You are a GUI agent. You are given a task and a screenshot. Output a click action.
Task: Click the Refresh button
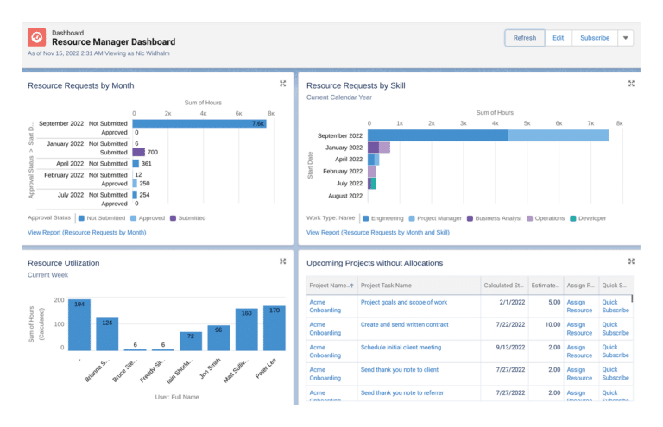(x=524, y=38)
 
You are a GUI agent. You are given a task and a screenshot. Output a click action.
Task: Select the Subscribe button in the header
(x=594, y=38)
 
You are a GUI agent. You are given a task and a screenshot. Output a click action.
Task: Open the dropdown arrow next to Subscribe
(x=626, y=38)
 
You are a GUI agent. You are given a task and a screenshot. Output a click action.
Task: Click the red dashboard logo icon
(x=36, y=37)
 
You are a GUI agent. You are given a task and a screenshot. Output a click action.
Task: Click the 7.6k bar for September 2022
(x=199, y=123)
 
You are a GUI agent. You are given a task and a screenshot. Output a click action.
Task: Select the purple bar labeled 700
(x=138, y=153)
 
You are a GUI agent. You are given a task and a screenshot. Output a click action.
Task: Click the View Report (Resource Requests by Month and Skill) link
(x=376, y=233)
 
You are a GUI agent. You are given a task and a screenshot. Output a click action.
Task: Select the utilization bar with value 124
(x=107, y=334)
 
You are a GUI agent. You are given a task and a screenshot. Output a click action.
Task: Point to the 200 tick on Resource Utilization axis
(x=59, y=300)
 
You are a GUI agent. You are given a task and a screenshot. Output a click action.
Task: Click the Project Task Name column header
(x=386, y=285)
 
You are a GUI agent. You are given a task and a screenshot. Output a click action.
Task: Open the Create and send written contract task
(x=404, y=324)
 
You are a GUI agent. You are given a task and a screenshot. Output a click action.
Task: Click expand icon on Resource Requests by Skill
(x=631, y=84)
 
